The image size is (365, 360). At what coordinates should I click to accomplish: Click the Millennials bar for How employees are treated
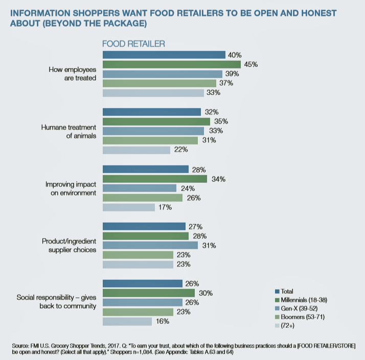point(171,64)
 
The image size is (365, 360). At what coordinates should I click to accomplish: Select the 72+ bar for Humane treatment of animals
point(136,150)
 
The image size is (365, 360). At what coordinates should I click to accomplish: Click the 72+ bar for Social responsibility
point(127,322)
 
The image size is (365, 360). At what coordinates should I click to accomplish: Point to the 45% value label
point(250,64)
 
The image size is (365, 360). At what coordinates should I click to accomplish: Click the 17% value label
point(165,207)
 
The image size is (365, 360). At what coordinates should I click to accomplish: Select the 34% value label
point(217,179)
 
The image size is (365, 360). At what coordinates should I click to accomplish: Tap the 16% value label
point(162,322)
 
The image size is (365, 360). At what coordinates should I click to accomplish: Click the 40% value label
point(235,55)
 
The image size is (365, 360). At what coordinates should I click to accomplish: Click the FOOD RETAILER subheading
point(133,44)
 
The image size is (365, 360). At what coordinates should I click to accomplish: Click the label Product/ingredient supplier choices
point(69,245)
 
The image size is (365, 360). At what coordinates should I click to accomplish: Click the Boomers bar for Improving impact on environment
point(143,198)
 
